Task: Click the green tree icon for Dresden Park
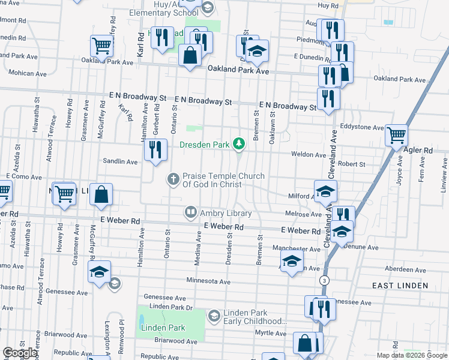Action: [240, 143]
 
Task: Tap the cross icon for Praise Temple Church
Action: [173, 179]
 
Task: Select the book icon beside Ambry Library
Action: [190, 212]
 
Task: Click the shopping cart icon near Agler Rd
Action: [397, 136]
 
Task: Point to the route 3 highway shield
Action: [324, 280]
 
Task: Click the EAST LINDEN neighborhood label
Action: [400, 286]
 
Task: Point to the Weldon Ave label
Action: [309, 154]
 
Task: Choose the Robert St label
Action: [351, 164]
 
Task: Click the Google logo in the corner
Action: [20, 353]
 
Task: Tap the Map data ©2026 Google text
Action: [411, 355]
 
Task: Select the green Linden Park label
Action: [154, 328]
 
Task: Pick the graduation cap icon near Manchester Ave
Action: [292, 261]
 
